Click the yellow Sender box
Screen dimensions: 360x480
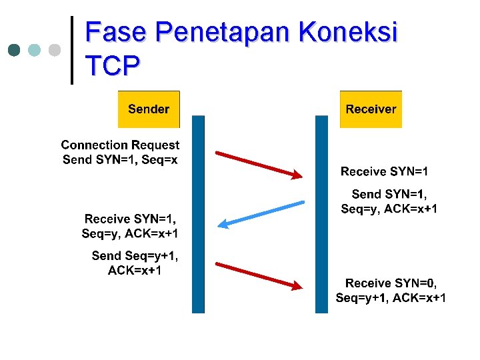pyautogui.click(x=149, y=109)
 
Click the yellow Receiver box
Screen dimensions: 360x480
pyautogui.click(x=371, y=109)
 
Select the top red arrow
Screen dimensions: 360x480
pyautogui.click(x=259, y=165)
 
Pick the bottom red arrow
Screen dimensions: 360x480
pyautogui.click(x=259, y=275)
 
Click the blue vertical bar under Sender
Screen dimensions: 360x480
pyautogui.click(x=198, y=213)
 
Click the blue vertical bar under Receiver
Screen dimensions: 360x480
pyautogui.click(x=322, y=213)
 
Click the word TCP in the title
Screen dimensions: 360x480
pyautogui.click(x=113, y=65)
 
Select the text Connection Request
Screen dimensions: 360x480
pyautogui.click(x=120, y=145)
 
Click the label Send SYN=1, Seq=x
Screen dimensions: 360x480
pyautogui.click(x=120, y=160)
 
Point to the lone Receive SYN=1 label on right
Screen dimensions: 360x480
pyautogui.click(x=385, y=172)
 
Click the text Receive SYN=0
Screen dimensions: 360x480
pyautogui.click(x=391, y=283)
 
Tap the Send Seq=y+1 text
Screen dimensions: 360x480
pyautogui.click(x=135, y=256)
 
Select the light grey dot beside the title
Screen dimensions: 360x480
pyautogui.click(x=55, y=50)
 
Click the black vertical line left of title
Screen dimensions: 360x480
pyautogui.click(x=72, y=50)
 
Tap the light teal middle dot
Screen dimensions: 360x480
pyautogui.click(x=35, y=50)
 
